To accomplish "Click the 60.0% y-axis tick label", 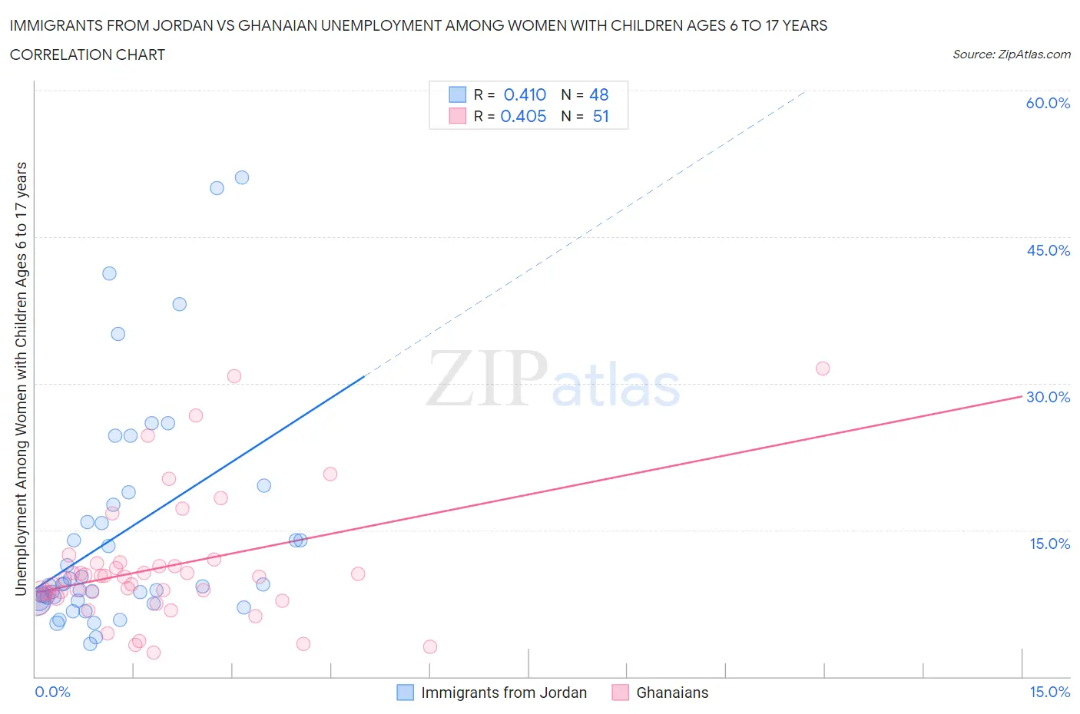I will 1048,103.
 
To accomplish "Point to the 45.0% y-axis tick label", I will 1048,250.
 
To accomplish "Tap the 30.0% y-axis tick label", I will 1048,397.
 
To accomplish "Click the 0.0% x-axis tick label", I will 52,692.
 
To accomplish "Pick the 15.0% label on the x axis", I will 1049,692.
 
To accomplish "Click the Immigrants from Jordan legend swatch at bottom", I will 405,693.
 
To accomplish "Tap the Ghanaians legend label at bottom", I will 672,693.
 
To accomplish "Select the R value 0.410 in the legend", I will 525,94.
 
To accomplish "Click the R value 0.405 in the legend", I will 523,116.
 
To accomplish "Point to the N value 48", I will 598,94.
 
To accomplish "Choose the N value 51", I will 601,116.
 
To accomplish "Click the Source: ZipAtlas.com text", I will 1011,54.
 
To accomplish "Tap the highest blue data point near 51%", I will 242,177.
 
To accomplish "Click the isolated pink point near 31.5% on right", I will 823,369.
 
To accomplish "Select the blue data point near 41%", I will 109,273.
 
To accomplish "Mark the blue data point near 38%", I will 179,304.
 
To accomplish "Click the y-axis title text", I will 21,378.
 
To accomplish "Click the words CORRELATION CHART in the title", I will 88,55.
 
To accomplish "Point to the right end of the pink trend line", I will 1021,396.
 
